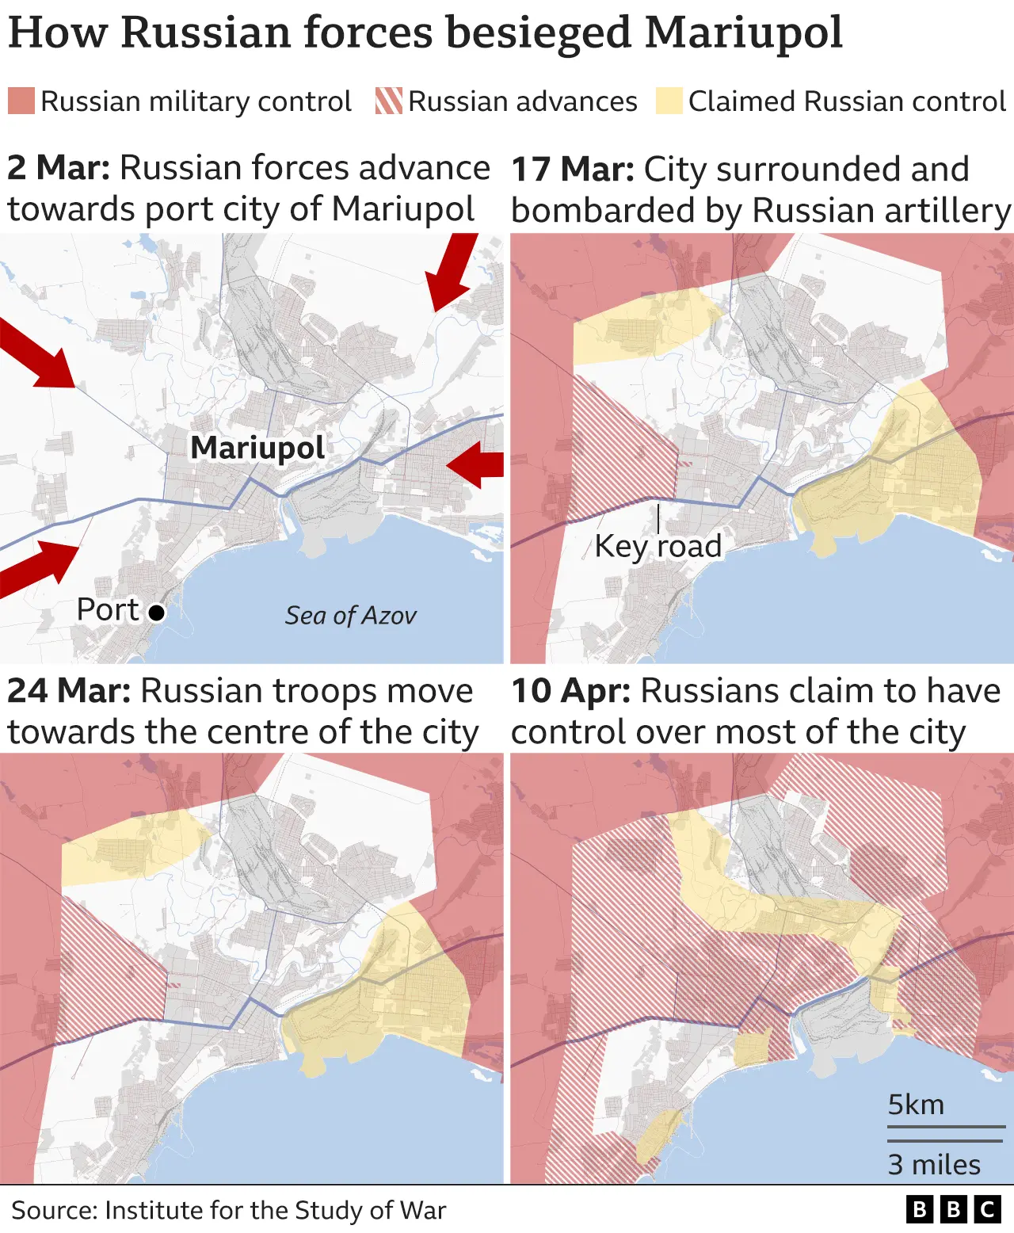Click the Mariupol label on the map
257,449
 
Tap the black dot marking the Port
157,613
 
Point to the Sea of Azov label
350,616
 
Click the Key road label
658,546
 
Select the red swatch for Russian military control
21,101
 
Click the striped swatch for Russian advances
389,101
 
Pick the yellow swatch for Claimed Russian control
669,101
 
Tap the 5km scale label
916,1105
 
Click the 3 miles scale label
934,1165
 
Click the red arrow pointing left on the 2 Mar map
475,464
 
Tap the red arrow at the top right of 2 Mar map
452,272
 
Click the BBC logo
954,1209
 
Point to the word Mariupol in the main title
744,33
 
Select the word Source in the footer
53,1211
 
